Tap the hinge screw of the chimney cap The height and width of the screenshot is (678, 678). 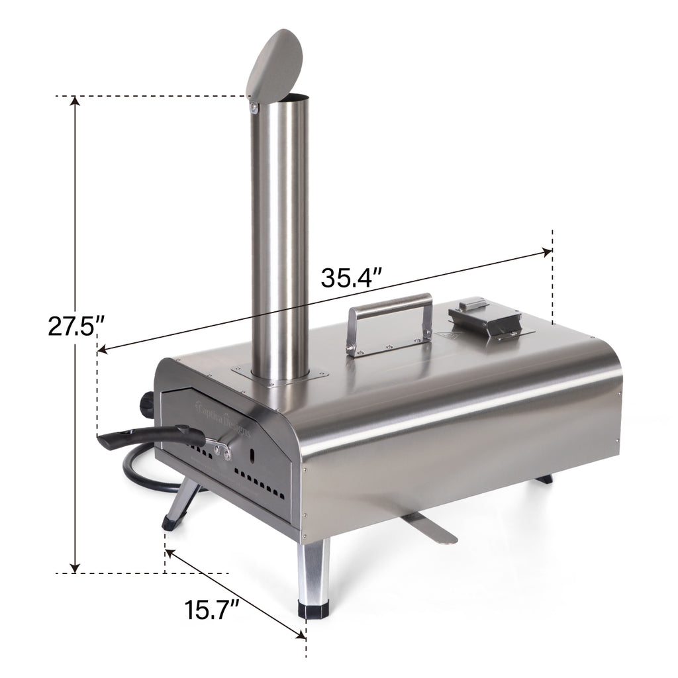pos(253,105)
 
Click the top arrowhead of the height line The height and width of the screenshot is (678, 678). pos(75,101)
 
